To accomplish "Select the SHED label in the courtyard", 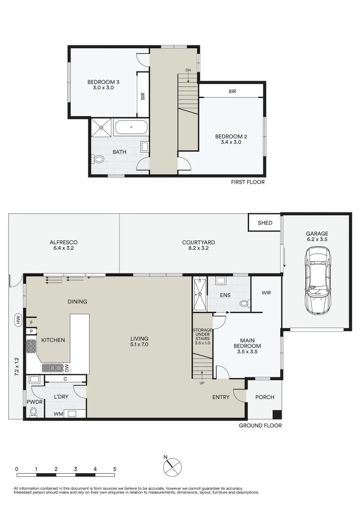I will click(265, 223).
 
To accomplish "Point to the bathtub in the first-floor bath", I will click(131, 127).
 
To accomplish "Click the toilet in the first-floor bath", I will click(99, 160).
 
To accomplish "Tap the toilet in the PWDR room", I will click(33, 412).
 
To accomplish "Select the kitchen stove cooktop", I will click(32, 348).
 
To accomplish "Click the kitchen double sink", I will click(52, 367).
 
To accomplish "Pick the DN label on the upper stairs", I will click(188, 70).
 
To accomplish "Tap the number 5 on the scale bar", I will click(115, 469).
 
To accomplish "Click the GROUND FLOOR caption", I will click(260, 425).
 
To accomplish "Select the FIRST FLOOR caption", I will click(247, 182).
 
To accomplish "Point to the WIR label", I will click(266, 293).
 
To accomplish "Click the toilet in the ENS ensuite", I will click(243, 304).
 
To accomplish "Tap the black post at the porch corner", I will click(277, 415).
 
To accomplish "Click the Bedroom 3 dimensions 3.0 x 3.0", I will click(100, 87).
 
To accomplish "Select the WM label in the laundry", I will click(59, 414).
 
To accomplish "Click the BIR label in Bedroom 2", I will click(232, 92).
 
